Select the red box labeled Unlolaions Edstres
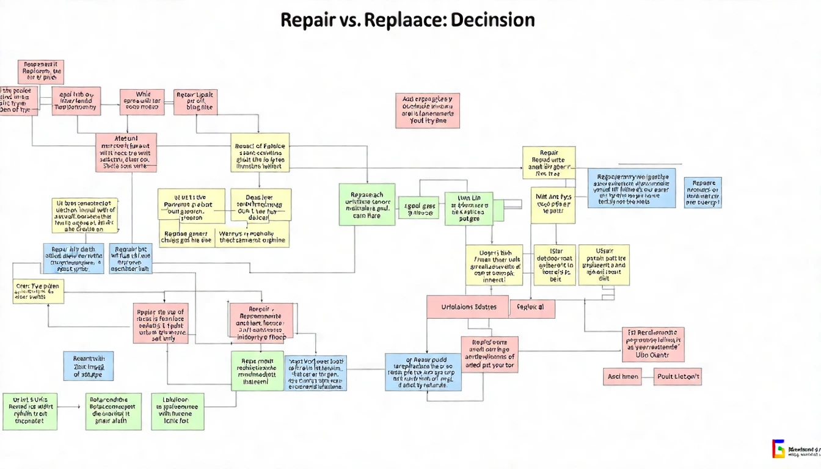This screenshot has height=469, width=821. tap(468, 307)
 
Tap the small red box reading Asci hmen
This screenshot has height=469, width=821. tap(622, 377)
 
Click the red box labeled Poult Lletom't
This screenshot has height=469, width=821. tap(677, 377)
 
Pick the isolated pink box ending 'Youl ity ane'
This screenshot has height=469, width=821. tap(428, 111)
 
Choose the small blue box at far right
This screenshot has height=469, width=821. tap(702, 192)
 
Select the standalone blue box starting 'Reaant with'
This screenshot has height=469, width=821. tap(88, 366)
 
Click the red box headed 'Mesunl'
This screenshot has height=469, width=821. tap(126, 152)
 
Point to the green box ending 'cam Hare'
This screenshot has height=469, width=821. tap(367, 205)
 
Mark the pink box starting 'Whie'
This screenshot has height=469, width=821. tap(142, 102)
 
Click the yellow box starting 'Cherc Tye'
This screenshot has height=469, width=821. tap(38, 291)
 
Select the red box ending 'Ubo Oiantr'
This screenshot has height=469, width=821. tap(653, 344)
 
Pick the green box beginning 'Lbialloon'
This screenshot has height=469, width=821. tap(178, 412)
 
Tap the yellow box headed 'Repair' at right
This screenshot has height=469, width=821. tap(549, 162)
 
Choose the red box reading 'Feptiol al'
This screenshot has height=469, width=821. tap(531, 307)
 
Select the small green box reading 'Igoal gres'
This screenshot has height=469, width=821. tap(418, 208)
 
